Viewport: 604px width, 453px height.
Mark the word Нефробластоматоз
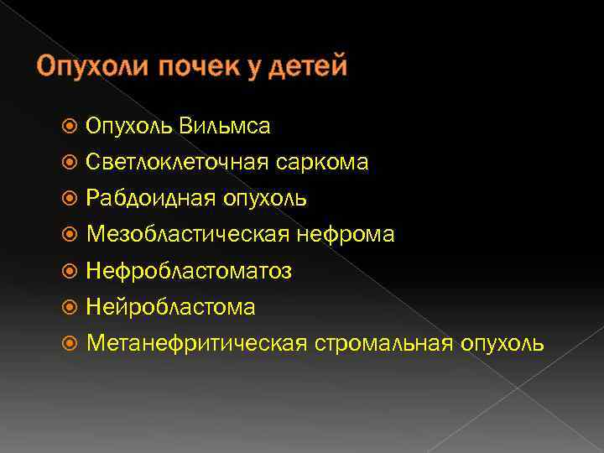[190, 271]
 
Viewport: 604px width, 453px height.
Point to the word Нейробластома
[171, 307]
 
